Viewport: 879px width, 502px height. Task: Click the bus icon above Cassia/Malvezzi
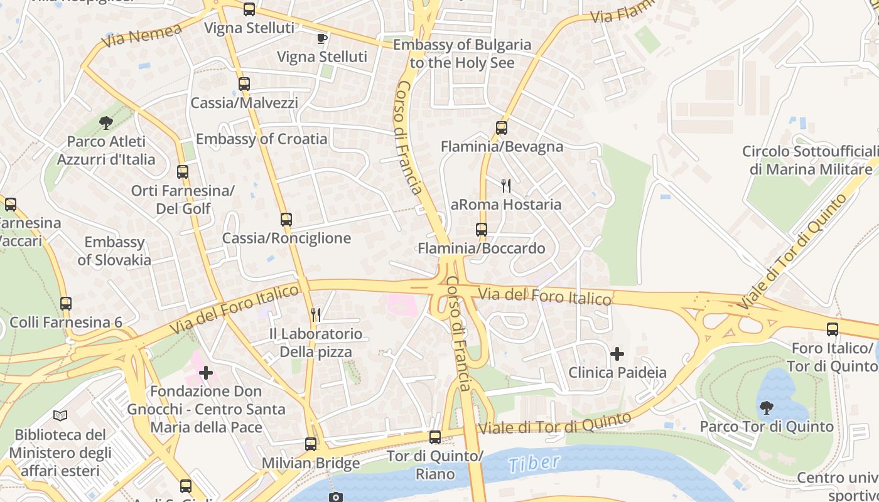(x=244, y=83)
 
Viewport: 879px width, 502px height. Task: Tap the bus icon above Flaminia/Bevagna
(x=501, y=128)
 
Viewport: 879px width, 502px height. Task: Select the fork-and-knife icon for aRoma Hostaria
(x=506, y=185)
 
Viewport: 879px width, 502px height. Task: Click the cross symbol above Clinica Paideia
(x=617, y=354)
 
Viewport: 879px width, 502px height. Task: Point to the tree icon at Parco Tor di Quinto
(x=766, y=408)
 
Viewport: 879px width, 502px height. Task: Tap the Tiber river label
(x=534, y=464)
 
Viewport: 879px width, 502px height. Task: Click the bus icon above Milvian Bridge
(x=311, y=444)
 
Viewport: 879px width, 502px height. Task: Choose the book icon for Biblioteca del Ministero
(x=60, y=415)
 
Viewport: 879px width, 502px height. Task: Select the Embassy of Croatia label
(x=261, y=139)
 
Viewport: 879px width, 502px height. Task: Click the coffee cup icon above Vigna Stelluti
(x=322, y=38)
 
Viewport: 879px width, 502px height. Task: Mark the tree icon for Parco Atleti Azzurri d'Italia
(x=105, y=123)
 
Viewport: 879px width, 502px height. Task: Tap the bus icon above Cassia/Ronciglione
(x=286, y=220)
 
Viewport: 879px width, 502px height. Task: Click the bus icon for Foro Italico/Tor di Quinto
(x=833, y=329)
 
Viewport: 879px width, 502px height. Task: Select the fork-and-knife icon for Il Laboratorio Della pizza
(x=316, y=314)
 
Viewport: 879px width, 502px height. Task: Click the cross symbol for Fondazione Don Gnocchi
(x=206, y=373)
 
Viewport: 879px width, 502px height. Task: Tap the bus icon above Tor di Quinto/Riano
(x=435, y=437)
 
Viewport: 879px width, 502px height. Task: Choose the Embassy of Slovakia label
(x=114, y=251)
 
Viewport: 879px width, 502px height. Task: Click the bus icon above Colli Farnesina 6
(x=66, y=304)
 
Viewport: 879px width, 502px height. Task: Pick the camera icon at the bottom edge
(x=337, y=497)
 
